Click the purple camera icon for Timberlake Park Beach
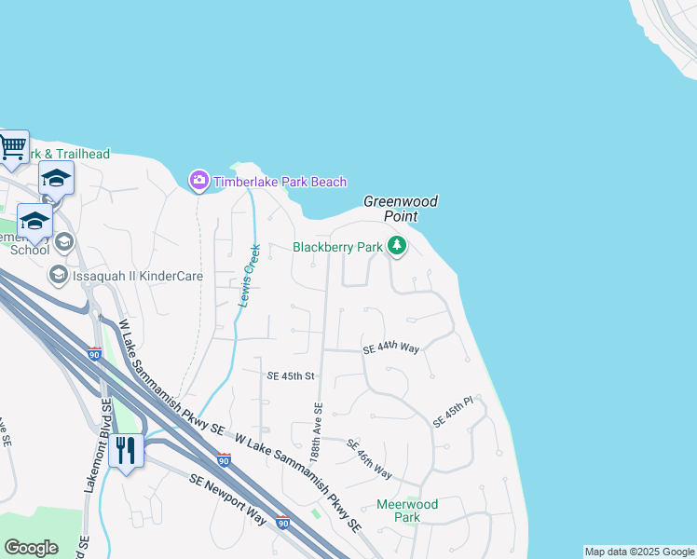[x=198, y=181]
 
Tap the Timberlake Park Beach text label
[x=280, y=182]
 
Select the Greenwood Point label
[x=400, y=209]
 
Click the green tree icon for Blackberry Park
[x=398, y=247]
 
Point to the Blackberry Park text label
[x=337, y=247]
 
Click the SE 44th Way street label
[x=390, y=348]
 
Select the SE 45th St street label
[x=292, y=376]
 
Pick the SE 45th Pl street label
[x=454, y=412]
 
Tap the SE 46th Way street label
[x=369, y=458]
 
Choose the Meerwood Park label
[x=406, y=511]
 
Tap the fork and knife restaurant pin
[x=125, y=451]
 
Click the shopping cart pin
[x=12, y=146]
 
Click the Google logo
[x=31, y=548]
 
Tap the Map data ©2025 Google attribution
[x=639, y=552]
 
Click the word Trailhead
[x=80, y=154]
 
